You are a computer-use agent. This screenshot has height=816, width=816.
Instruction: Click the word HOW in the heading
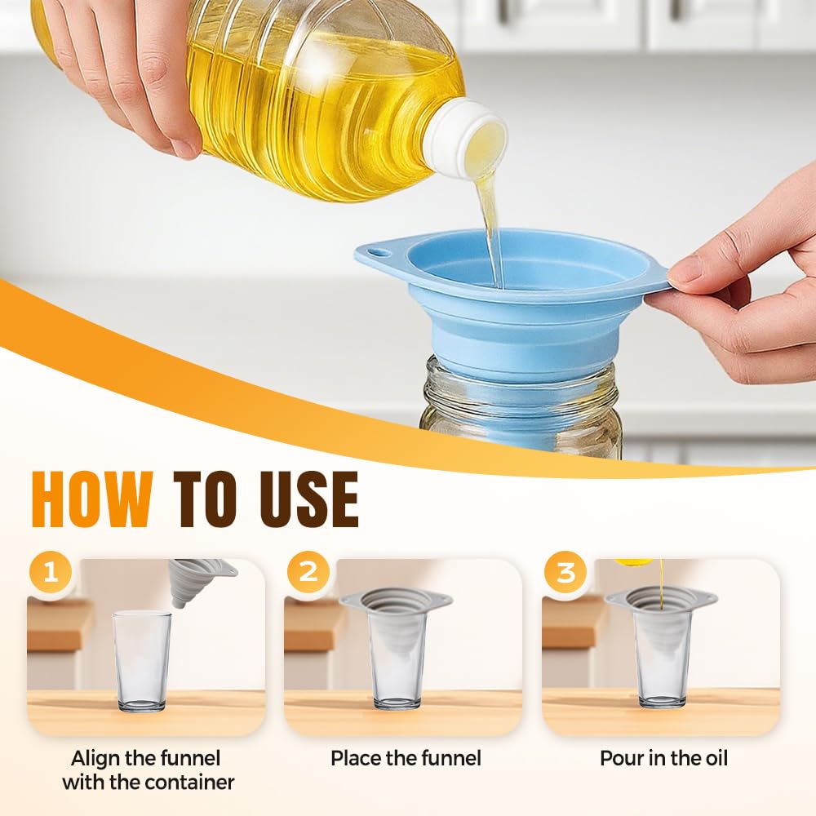click(91, 499)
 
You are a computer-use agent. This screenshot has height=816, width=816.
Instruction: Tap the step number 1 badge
click(51, 572)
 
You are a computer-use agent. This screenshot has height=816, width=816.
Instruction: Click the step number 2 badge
click(308, 572)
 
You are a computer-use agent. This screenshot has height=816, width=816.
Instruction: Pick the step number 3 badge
click(565, 572)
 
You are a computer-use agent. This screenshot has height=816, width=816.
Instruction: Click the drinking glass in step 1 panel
click(142, 661)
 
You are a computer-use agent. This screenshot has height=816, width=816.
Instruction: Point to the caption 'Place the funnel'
click(406, 758)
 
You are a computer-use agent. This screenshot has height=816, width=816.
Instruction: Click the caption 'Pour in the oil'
click(663, 758)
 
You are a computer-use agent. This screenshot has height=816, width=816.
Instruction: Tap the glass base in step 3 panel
click(662, 699)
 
